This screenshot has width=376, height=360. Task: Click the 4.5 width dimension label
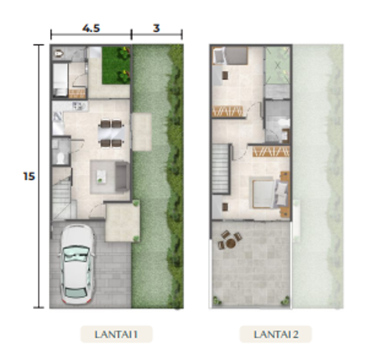pyautogui.click(x=91, y=28)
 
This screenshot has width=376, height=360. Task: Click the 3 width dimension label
pyautogui.click(x=156, y=28)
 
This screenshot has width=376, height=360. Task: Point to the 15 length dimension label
pyautogui.click(x=29, y=177)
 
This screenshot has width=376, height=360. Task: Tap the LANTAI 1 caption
pyautogui.click(x=116, y=334)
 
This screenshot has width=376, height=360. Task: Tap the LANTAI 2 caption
pyautogui.click(x=276, y=334)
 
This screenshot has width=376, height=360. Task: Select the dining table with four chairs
pyautogui.click(x=111, y=133)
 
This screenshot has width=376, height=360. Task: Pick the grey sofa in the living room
pyautogui.click(x=122, y=177)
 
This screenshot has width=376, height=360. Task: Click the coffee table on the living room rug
pyautogui.click(x=101, y=177)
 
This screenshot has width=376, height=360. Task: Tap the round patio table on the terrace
pyautogui.click(x=231, y=243)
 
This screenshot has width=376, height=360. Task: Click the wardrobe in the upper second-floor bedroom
pyautogui.click(x=227, y=112)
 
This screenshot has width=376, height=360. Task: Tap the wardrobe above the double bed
pyautogui.click(x=271, y=152)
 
